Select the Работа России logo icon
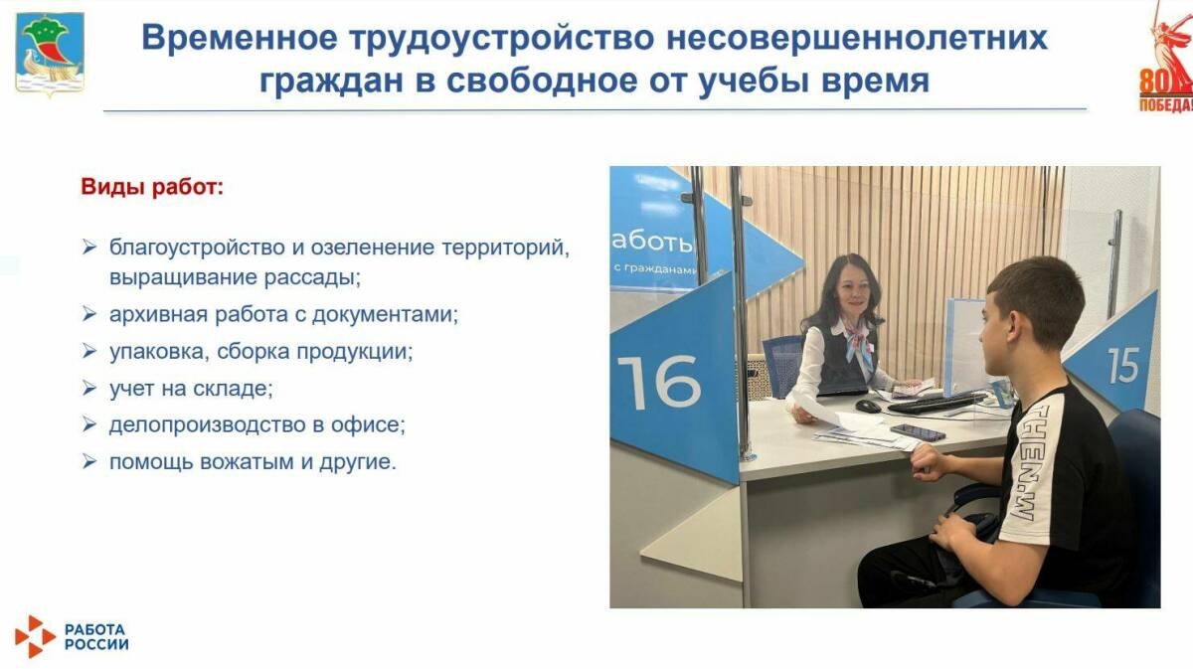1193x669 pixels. (x=35, y=636)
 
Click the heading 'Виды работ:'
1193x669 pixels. (x=152, y=187)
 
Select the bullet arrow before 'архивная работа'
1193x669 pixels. (x=89, y=315)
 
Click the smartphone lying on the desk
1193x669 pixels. (x=918, y=432)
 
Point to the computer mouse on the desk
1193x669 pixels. (x=868, y=406)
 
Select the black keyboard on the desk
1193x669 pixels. (x=935, y=402)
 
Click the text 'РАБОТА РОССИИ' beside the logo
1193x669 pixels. (x=96, y=636)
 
